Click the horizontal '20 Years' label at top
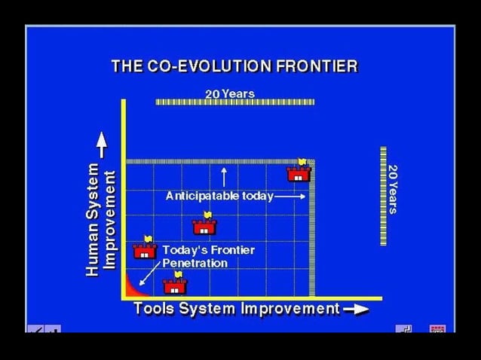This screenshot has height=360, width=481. [x=229, y=94]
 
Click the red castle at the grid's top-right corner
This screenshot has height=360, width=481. [x=299, y=174]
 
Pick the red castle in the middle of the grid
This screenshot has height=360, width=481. [x=204, y=227]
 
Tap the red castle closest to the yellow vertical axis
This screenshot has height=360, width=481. [x=145, y=251]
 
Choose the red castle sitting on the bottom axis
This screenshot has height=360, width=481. [x=175, y=286]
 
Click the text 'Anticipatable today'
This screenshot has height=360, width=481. [x=219, y=196]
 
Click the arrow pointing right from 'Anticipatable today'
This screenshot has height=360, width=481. [x=291, y=196]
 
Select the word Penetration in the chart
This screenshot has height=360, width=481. [x=195, y=263]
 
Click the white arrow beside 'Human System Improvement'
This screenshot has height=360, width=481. [x=102, y=145]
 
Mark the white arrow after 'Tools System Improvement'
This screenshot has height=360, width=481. [x=356, y=309]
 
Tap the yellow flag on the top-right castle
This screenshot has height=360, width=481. [x=302, y=162]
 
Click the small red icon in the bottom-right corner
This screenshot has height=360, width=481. [x=437, y=329]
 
